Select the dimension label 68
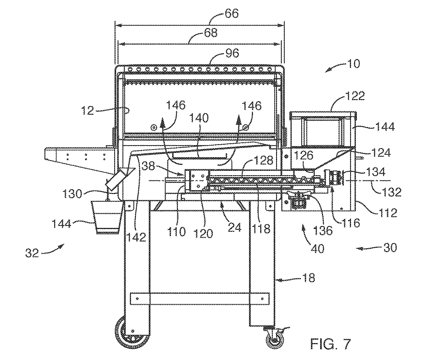(211, 33)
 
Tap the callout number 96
(233, 54)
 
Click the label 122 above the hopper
(341, 96)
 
